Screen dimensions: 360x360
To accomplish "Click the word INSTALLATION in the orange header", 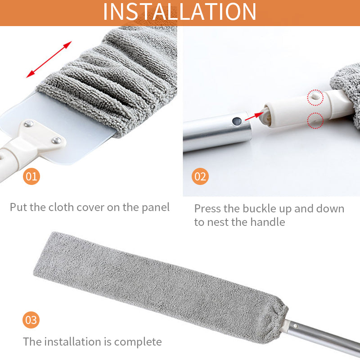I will point(180,12).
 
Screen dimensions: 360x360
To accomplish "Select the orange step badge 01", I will point(31,176).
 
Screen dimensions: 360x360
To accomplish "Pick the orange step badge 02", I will point(200,176).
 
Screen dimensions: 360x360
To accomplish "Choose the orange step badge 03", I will point(31,320).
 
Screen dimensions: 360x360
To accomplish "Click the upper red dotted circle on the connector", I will point(315,97).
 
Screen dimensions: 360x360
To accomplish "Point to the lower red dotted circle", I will point(315,121).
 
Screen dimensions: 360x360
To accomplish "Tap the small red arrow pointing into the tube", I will point(256,115).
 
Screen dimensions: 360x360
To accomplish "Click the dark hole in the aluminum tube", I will point(236,121).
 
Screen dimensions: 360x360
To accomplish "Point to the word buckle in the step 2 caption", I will point(261,209).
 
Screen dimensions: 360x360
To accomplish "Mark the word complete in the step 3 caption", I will point(138,342).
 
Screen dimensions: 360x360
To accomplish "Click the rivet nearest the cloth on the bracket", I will point(56,140).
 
